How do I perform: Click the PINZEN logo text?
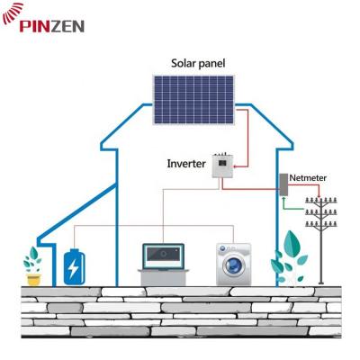[x=52, y=26]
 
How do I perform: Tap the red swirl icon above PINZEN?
[x=13, y=13]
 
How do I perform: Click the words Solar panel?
[x=198, y=64]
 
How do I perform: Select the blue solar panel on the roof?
[x=193, y=100]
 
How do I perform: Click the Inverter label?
[x=186, y=164]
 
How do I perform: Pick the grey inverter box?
[x=223, y=166]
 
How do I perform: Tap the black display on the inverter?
[x=222, y=163]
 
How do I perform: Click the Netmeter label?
[x=308, y=178]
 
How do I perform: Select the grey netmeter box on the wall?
[x=283, y=184]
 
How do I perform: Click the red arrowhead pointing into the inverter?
[x=235, y=166]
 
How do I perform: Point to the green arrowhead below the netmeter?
[x=283, y=199]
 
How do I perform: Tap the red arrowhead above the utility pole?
[x=319, y=195]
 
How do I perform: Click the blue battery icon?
[x=74, y=266]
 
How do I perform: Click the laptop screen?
[x=163, y=256]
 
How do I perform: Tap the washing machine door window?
[x=233, y=265]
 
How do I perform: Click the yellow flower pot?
[x=33, y=279]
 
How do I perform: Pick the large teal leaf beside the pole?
[x=292, y=243]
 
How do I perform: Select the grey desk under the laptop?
[x=164, y=277]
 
